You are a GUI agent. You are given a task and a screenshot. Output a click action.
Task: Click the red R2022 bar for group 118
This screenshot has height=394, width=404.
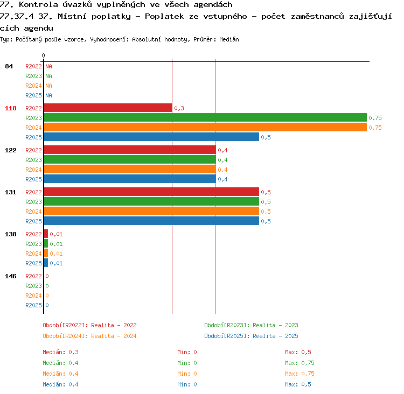(x=108, y=108)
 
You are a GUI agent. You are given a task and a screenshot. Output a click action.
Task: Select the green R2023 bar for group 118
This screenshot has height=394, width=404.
(x=205, y=117)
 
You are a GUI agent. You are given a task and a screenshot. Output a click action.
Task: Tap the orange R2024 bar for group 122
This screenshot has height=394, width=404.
(x=130, y=169)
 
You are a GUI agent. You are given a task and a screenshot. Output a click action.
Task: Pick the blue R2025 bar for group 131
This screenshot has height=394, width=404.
(x=151, y=221)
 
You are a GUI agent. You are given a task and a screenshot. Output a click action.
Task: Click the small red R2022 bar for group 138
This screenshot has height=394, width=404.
(x=46, y=234)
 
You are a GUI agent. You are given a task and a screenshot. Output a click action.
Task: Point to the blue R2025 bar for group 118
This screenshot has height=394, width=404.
(x=151, y=137)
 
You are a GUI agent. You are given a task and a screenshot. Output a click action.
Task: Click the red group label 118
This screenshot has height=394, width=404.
(x=11, y=108)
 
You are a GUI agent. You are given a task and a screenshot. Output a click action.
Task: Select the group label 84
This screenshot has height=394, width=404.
(x=9, y=66)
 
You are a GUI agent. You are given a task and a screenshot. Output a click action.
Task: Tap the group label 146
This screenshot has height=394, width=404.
(x=11, y=276)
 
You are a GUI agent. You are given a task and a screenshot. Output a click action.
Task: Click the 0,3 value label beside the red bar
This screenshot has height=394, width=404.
(x=179, y=108)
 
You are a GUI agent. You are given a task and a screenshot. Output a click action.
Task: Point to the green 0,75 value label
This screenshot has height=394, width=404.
(x=375, y=118)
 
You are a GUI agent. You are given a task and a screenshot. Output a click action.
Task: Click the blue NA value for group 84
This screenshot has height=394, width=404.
(x=48, y=95)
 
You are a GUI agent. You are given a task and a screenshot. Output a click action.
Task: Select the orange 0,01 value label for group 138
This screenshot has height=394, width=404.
(x=56, y=254)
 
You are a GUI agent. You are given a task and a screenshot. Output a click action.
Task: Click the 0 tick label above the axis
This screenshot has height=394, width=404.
(x=43, y=55)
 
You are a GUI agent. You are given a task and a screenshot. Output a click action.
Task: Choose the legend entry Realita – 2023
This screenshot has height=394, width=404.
(x=275, y=325)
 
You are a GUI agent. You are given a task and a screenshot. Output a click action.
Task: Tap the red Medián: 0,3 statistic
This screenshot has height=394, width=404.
(x=60, y=352)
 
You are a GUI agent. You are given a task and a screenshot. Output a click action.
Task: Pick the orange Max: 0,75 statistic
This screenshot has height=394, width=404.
(x=299, y=374)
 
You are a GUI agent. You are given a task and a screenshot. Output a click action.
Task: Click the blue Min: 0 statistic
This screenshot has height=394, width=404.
(x=187, y=384)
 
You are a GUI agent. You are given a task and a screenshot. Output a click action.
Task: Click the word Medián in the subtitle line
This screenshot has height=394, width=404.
(x=229, y=39)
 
